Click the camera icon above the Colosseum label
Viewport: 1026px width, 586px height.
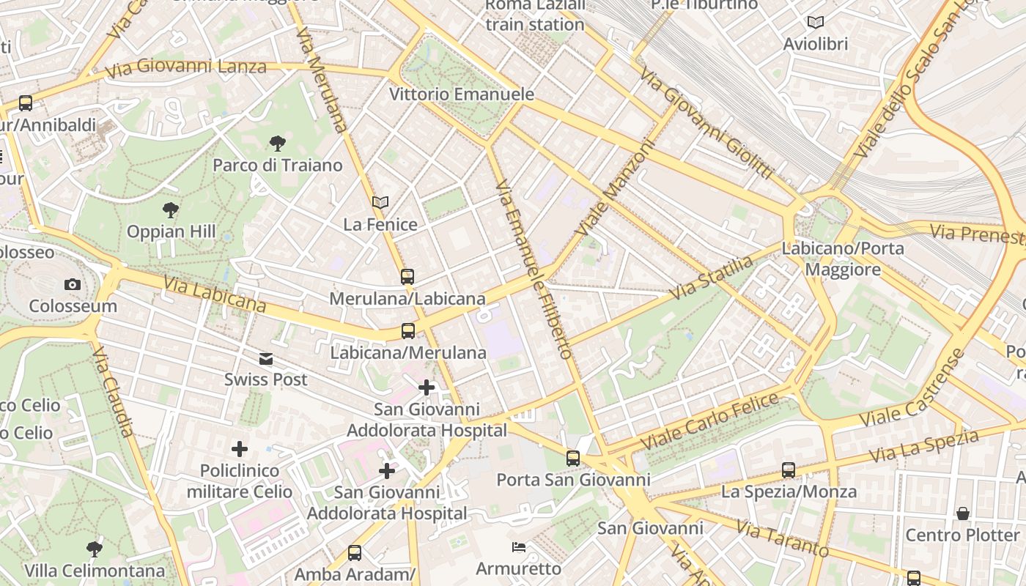point(72,284)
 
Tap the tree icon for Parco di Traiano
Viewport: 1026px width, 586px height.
point(277,144)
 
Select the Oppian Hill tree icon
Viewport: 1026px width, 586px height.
point(171,210)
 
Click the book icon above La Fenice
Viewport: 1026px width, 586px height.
point(380,202)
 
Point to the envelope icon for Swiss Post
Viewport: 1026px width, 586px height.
point(265,358)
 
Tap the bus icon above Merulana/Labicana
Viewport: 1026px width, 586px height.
point(407,277)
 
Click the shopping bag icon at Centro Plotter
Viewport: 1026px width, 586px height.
point(962,513)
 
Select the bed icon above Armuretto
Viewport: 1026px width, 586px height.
point(519,547)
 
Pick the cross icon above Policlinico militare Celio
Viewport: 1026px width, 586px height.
point(239,448)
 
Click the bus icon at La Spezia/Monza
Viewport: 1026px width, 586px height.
point(789,470)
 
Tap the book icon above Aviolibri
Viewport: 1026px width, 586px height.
point(815,23)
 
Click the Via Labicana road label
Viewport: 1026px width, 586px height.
point(214,293)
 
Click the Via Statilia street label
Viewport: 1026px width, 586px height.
point(712,277)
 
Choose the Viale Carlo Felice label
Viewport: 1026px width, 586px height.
point(709,422)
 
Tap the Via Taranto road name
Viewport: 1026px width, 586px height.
point(782,539)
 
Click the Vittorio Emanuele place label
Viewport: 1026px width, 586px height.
point(462,94)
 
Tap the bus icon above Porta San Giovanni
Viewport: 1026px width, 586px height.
point(573,459)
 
